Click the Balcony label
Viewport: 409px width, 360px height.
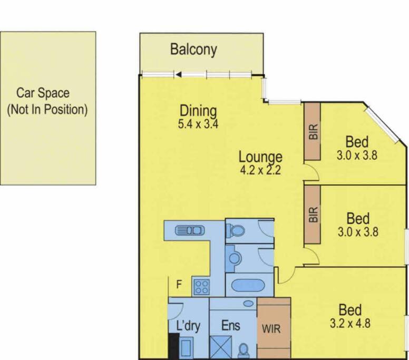tap(193, 50)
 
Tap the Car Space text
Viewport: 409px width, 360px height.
tap(43, 93)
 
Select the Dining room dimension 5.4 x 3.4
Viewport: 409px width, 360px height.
tap(198, 124)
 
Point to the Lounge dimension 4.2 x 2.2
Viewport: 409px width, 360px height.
tap(260, 170)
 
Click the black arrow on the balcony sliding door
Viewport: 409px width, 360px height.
tap(179, 75)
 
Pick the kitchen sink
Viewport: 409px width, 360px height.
tap(190, 231)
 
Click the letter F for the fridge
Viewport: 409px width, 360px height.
tap(179, 284)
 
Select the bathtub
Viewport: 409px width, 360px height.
tap(248, 285)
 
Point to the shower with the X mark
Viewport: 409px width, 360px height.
tap(221, 347)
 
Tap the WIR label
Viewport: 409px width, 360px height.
tap(271, 329)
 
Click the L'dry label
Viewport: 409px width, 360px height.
tap(188, 326)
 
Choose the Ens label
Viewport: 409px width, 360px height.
tap(230, 326)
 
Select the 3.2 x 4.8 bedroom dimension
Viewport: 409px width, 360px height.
tap(350, 324)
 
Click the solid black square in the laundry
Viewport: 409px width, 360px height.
tap(174, 346)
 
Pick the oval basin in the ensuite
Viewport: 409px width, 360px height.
tap(249, 304)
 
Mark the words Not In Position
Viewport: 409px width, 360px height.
tap(47, 109)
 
